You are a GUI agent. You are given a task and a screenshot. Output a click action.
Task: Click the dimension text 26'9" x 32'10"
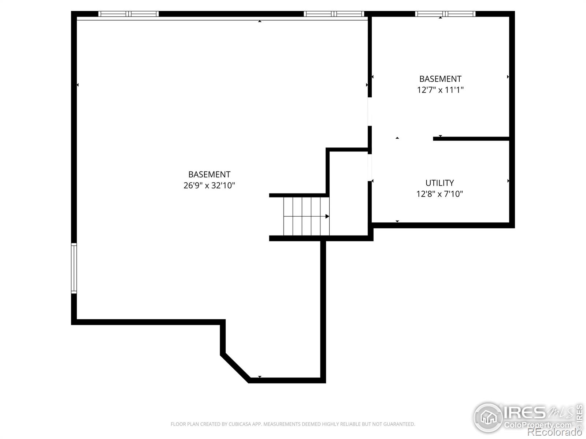[x=209, y=185]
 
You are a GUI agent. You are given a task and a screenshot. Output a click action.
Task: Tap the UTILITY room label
[x=439, y=183]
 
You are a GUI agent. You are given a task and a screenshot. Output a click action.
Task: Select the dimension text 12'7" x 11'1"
[x=440, y=90]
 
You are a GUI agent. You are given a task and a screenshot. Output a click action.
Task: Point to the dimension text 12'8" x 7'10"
[x=439, y=194]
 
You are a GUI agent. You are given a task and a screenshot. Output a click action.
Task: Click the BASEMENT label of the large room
[x=209, y=175]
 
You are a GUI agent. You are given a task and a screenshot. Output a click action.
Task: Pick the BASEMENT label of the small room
[x=440, y=79]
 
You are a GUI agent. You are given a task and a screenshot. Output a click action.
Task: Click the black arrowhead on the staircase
[x=327, y=216]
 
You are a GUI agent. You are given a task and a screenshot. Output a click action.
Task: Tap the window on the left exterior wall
[x=74, y=268]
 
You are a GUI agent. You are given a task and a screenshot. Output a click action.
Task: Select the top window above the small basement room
[x=445, y=14]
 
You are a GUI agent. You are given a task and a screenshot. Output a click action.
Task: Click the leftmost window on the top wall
[x=129, y=14]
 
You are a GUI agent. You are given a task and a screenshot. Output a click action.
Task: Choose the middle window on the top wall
[x=334, y=14]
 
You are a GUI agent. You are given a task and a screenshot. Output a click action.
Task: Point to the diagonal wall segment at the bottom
[x=235, y=368]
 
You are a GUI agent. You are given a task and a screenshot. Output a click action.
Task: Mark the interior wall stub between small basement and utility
[x=471, y=139]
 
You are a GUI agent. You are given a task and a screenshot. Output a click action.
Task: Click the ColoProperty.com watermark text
[x=537, y=424]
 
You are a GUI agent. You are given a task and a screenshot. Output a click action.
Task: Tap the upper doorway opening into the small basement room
[x=370, y=112]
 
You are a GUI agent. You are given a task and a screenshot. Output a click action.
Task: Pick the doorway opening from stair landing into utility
[x=370, y=168]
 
